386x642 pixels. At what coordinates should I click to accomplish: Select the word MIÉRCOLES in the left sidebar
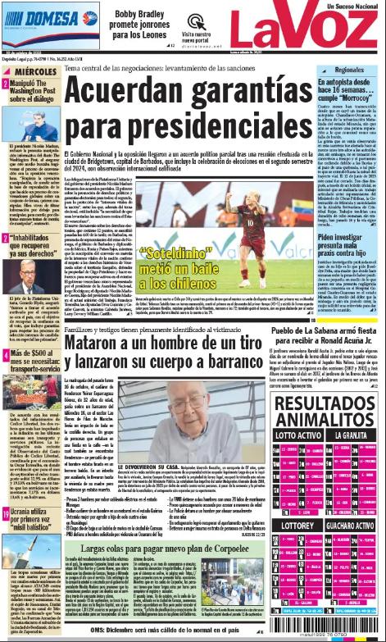click(x=34, y=73)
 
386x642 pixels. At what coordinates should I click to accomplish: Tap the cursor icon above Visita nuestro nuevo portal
click(x=194, y=21)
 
